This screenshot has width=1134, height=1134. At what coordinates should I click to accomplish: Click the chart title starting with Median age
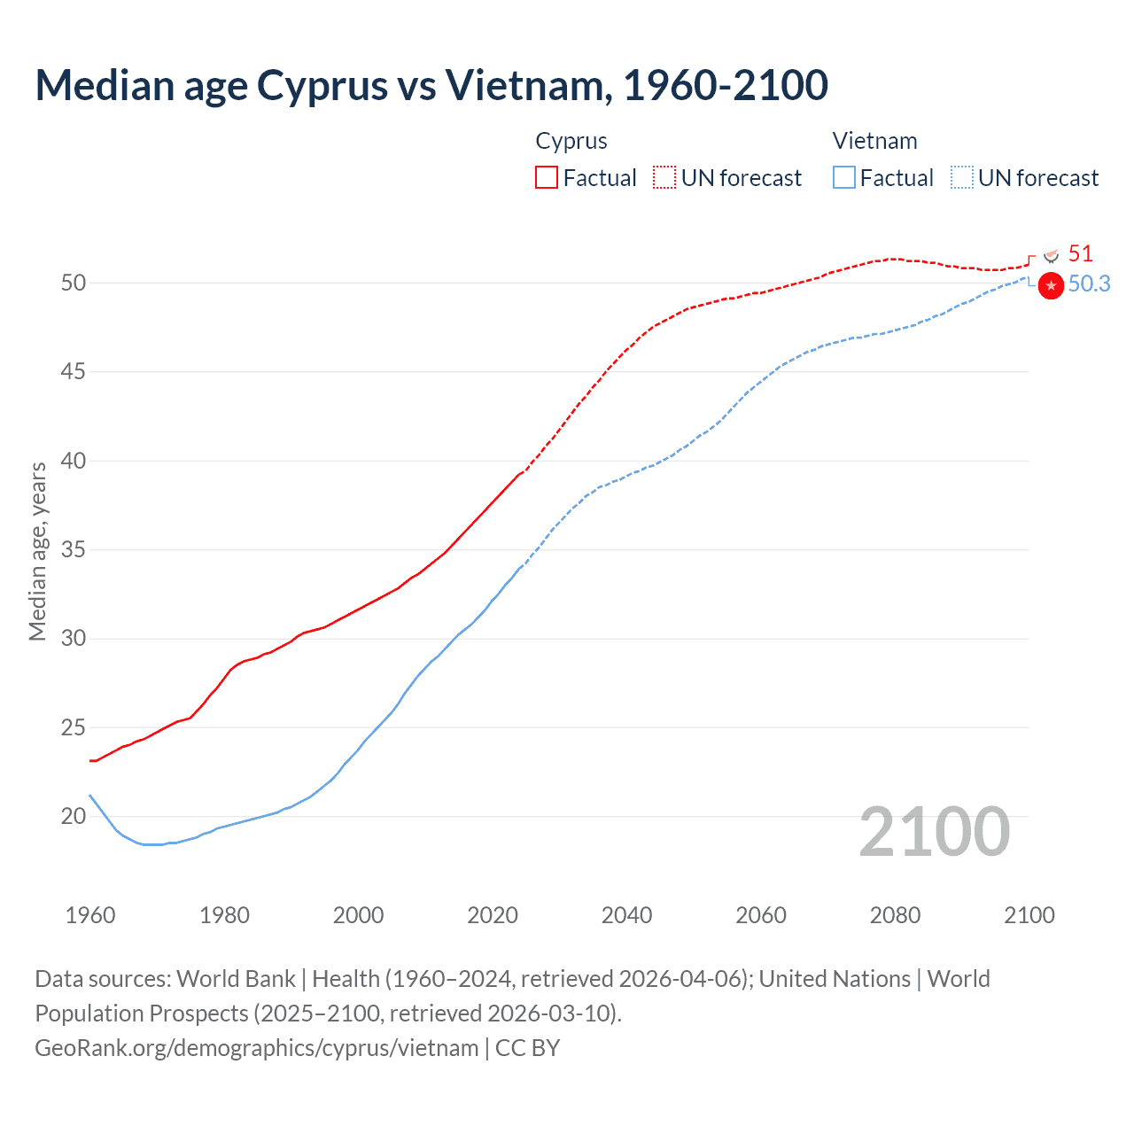coord(431,85)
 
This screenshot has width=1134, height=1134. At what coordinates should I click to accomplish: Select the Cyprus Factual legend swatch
coord(547,178)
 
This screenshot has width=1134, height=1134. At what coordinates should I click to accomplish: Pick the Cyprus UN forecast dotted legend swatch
coord(664,178)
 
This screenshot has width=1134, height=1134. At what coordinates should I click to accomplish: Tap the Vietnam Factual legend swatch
coord(844,178)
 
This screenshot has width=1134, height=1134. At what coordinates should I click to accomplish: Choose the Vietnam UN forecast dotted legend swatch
coord(962,178)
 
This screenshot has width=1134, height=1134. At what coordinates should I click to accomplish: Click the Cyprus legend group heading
coord(571,141)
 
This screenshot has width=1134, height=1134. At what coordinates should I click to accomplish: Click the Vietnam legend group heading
coord(874,141)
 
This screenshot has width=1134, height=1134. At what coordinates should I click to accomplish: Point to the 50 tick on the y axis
coord(74,283)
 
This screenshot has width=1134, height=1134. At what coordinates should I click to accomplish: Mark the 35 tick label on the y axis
coord(74,549)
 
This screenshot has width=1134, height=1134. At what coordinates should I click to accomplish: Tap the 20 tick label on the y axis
coord(74,816)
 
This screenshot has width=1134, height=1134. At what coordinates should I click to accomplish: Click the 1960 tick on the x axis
coord(90,915)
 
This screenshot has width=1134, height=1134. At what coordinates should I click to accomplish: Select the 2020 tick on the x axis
coord(493,915)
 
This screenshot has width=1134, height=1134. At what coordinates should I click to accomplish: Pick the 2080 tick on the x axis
coord(895,915)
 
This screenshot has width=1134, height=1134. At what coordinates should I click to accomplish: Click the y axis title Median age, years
coord(37,550)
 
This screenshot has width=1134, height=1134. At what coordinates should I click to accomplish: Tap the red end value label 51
coord(1080,254)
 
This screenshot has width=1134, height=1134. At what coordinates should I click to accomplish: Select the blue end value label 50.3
coord(1089,284)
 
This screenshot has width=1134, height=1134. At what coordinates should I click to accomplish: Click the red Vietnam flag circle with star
coord(1051,286)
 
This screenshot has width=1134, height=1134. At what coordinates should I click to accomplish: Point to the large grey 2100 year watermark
coord(935,832)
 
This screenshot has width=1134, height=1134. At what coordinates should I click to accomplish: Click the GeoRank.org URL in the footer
coord(257,1048)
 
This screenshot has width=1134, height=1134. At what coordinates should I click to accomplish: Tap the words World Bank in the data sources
coord(236,979)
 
